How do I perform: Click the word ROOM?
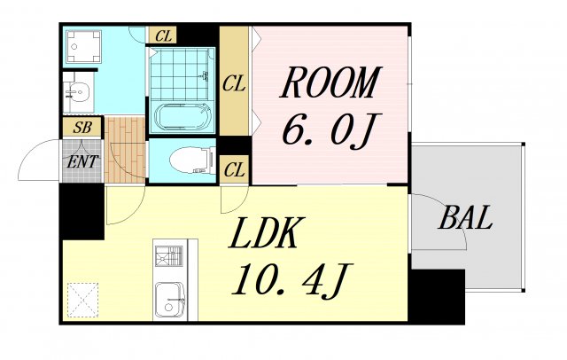coord(330,82)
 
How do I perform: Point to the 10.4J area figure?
coord(291,281)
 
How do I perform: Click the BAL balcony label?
coord(465,217)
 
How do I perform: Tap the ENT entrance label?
coord(82,161)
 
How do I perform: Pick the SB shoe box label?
coord(82,127)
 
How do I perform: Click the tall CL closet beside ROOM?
coord(234,80)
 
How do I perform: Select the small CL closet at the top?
coord(162,35)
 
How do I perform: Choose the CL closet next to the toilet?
coord(234,169)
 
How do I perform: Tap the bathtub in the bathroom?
coord(183,116)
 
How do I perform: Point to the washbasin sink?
coord(78,93)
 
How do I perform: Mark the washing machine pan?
coord(83,47)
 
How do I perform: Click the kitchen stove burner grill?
coord(169,255)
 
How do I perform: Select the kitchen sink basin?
coord(169,300)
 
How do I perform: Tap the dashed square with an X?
coord(82,300)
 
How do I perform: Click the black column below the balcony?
coord(437,297)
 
